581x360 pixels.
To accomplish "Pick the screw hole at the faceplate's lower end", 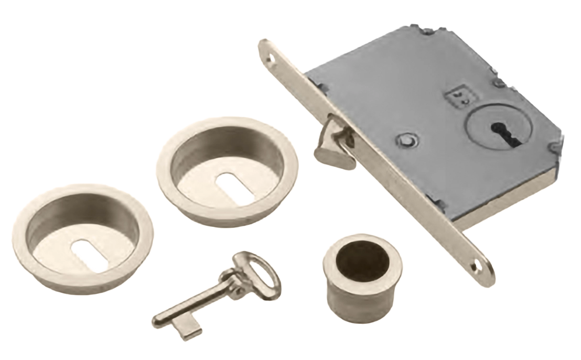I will pyautogui.click(x=476, y=267).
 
